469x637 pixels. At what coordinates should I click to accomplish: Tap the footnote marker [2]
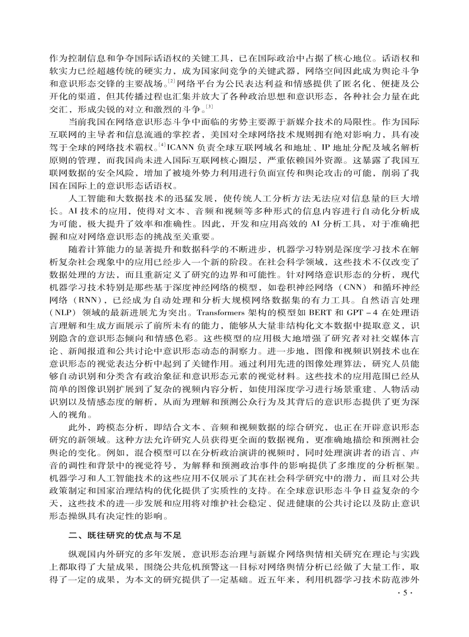tap(171, 79)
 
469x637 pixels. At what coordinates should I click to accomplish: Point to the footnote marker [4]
tap(165, 144)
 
